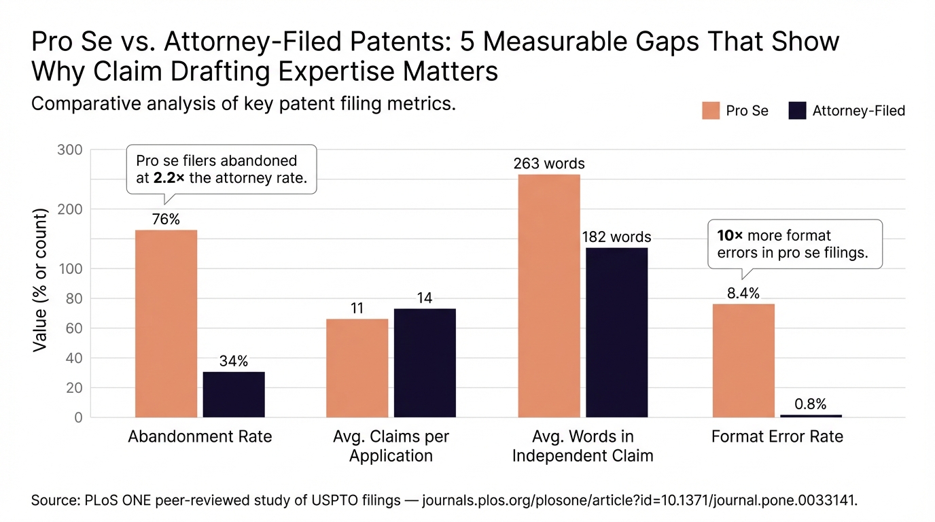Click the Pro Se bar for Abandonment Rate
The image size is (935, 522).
(x=166, y=324)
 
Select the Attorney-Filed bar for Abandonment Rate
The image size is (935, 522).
(x=234, y=394)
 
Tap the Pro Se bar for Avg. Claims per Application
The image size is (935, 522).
(x=357, y=368)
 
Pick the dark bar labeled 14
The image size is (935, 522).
(x=425, y=362)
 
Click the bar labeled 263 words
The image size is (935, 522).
(x=549, y=296)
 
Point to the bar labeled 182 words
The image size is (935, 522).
(x=617, y=332)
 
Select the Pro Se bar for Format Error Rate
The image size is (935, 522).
(x=743, y=360)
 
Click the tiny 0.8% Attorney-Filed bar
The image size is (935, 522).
(x=811, y=415)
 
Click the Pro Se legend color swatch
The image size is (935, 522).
(x=711, y=111)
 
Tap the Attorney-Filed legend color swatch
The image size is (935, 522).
(x=797, y=111)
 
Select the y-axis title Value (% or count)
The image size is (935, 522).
(x=40, y=280)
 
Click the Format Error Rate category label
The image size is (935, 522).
(x=777, y=436)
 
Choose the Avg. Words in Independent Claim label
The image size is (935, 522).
(x=582, y=446)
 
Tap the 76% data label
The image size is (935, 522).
(x=166, y=219)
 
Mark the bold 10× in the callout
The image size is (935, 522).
(x=730, y=236)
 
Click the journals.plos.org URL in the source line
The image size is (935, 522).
(x=639, y=501)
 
